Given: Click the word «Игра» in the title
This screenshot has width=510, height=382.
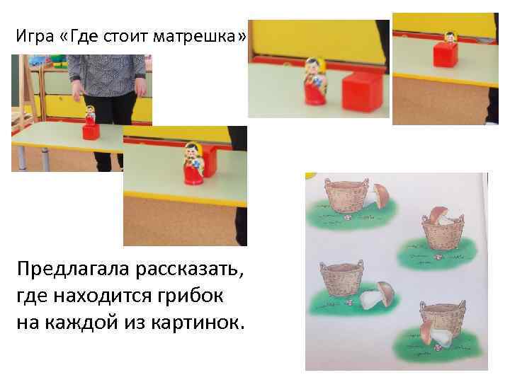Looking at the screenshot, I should pos(32,36).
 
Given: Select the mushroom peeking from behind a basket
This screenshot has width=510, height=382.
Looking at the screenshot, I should pos(380,195).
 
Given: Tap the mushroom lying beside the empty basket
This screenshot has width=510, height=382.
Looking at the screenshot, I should pos(376,295).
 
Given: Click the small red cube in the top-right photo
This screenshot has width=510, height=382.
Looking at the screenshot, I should pos(446,54).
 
